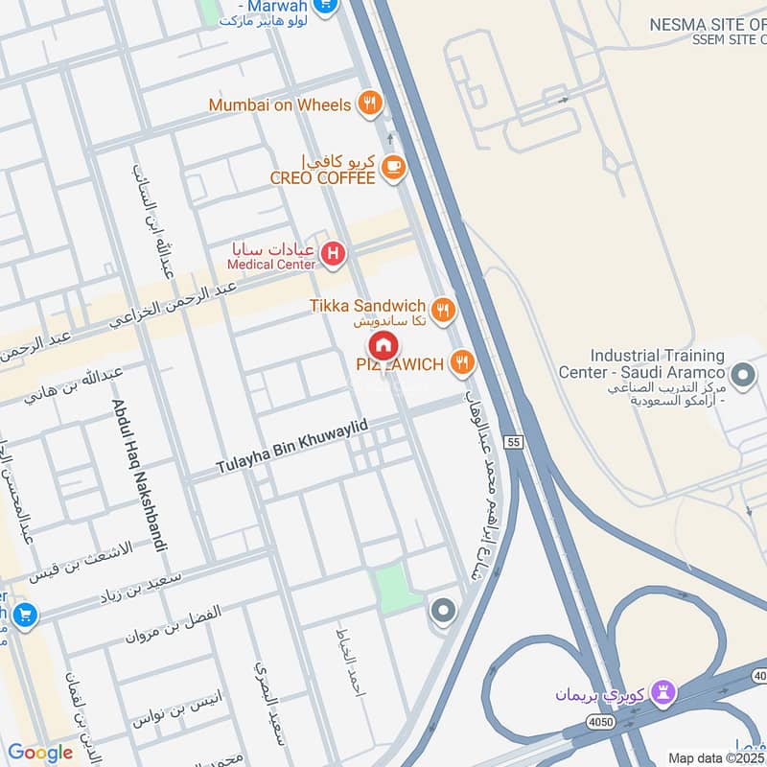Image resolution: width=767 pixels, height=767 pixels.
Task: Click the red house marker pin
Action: [383, 346]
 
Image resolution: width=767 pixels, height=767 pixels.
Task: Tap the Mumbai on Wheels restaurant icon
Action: [369, 105]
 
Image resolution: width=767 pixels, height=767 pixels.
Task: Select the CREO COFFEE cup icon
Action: [392, 168]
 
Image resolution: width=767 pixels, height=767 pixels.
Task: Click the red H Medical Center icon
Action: [333, 254]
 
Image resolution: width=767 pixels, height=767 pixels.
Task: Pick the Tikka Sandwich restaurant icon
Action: [442, 309]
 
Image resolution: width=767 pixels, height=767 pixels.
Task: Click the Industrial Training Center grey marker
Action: [741, 375]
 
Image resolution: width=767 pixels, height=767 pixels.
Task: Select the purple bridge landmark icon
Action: [663, 691]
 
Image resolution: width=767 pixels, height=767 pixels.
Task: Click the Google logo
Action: [39, 753]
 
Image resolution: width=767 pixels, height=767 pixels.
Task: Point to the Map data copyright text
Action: [716, 757]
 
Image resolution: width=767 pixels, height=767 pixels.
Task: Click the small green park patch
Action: [394, 585]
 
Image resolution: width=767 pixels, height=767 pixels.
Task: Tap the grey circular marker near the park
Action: [442, 610]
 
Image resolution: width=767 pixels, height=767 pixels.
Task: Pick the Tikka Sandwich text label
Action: [367, 305]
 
